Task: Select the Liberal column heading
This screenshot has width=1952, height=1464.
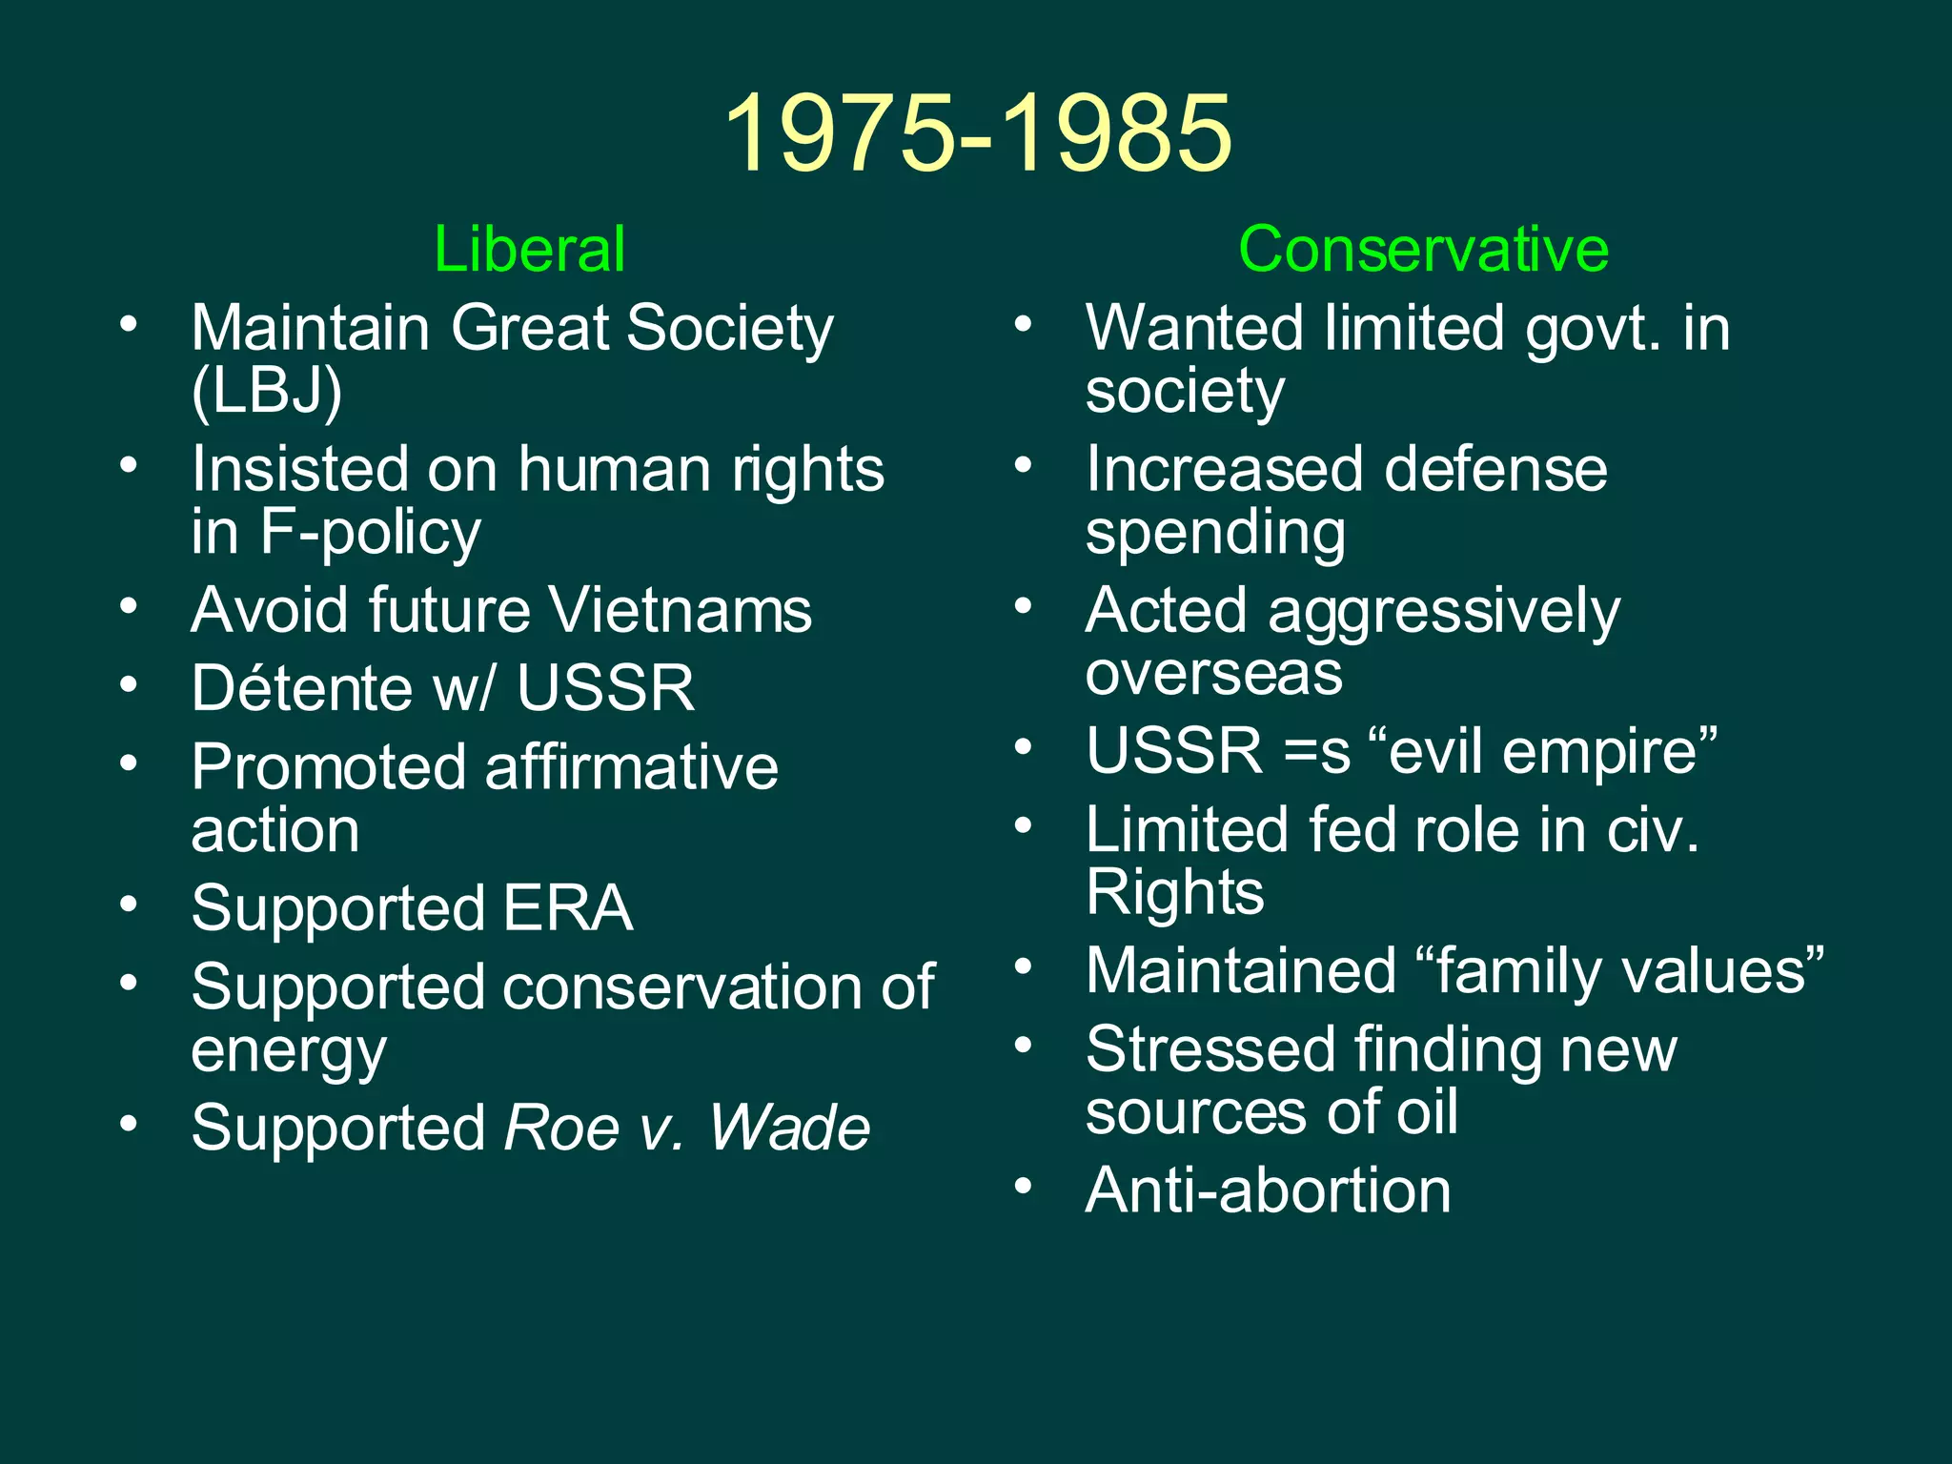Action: coord(529,250)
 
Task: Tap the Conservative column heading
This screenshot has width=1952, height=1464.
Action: coord(1423,250)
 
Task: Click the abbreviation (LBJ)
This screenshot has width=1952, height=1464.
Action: coord(267,391)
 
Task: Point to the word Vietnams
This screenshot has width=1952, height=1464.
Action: coord(681,610)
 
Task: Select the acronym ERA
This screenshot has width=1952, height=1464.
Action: coord(568,907)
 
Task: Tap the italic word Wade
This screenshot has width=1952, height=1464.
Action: coord(789,1128)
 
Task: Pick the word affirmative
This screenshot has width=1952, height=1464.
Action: coord(632,767)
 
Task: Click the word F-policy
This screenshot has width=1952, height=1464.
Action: coord(370,532)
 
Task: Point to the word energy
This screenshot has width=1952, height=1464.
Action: coord(289,1052)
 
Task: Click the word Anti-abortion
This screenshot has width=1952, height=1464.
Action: coord(1268,1190)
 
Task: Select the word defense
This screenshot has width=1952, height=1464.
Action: coord(1495,469)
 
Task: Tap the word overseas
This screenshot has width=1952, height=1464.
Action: coord(1213,673)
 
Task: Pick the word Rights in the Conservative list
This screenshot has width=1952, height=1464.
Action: coord(1175,893)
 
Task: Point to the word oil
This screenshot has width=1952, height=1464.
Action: coord(1427,1112)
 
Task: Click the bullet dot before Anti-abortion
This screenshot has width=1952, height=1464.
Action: coord(1024,1187)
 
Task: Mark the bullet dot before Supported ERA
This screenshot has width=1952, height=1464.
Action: coord(129,905)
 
